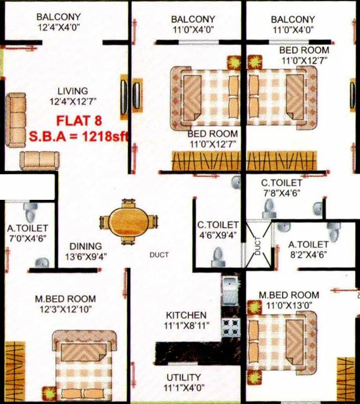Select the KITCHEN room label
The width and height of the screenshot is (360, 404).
point(186,315)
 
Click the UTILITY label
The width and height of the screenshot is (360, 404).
point(183,378)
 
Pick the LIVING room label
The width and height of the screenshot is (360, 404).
point(73,90)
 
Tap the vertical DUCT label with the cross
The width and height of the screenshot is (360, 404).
point(258,245)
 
